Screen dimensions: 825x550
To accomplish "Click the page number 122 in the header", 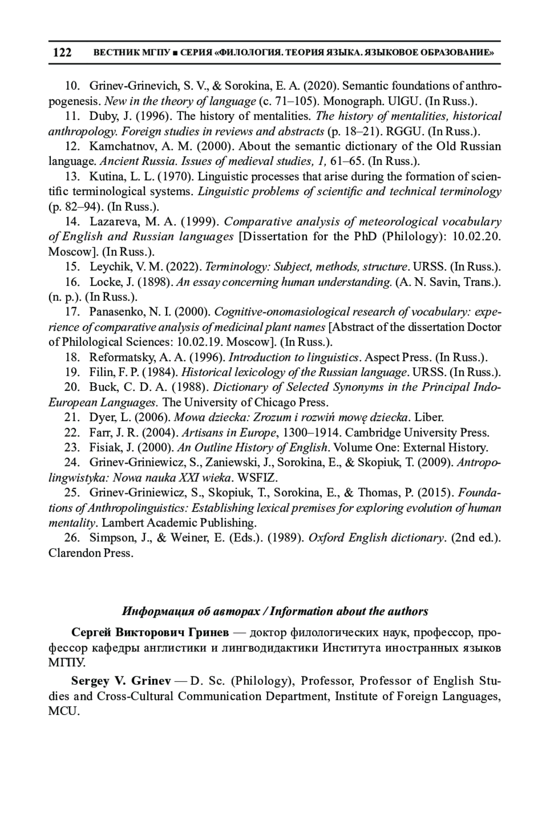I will [62, 52].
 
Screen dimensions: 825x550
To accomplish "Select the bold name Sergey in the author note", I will [88, 681].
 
